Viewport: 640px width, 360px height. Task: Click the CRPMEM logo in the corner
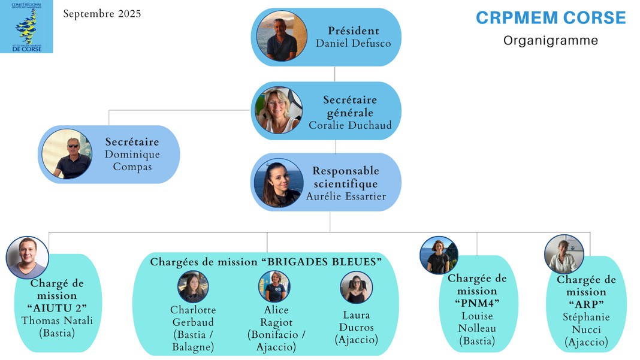point(26,26)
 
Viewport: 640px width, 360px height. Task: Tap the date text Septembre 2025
point(102,13)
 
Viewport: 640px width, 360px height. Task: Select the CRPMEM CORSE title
point(551,18)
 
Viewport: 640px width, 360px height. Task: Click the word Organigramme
point(550,41)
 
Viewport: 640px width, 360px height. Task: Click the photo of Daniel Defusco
point(282,37)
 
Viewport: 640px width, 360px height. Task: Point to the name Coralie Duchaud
point(350,125)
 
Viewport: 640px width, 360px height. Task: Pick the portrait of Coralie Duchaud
point(279,111)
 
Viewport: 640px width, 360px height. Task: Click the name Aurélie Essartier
point(346,196)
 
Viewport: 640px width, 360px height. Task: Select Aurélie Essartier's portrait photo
point(277,183)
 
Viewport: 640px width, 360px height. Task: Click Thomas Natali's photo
point(27,257)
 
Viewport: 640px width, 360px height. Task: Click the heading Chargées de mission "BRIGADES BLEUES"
point(265,262)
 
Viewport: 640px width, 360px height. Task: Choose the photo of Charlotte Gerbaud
point(193,286)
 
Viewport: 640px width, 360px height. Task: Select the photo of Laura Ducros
point(357,288)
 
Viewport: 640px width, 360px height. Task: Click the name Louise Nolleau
point(477,322)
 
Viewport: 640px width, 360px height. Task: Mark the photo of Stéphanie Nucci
point(564,254)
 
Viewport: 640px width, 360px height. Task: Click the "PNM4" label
point(477,302)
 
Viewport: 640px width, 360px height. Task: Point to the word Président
point(353,31)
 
